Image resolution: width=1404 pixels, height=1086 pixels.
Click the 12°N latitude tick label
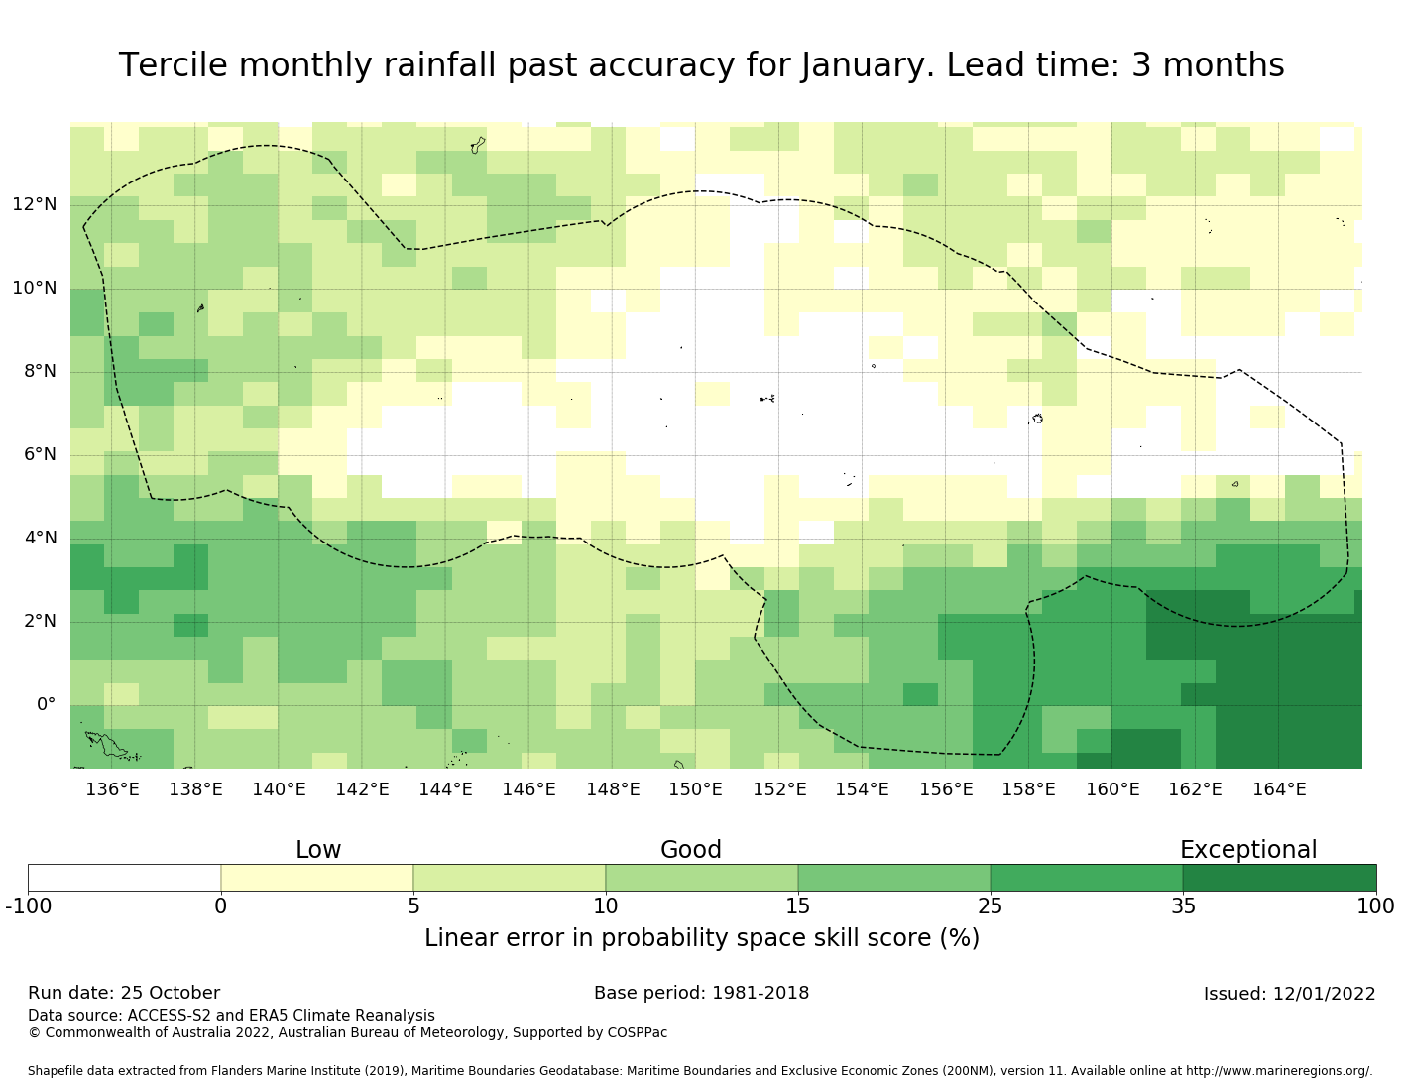(35, 205)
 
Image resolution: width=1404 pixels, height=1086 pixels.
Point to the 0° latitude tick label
(47, 705)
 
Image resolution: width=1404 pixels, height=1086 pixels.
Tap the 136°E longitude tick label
(112, 790)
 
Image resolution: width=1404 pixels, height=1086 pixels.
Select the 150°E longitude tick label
(695, 790)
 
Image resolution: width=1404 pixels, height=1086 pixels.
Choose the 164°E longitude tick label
(1279, 790)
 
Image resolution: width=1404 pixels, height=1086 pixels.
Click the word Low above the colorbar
(318, 850)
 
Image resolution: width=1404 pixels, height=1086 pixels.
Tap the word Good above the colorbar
(691, 850)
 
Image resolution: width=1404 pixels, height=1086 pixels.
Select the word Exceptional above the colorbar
(1248, 850)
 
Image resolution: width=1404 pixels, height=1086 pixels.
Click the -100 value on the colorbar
(28, 905)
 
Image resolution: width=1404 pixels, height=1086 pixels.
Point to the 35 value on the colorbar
(1183, 905)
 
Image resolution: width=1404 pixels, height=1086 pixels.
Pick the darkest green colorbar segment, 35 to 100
(1279, 878)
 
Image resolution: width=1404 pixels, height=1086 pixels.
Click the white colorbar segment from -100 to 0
(124, 878)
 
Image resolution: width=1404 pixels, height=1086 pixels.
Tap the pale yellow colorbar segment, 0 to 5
(316, 878)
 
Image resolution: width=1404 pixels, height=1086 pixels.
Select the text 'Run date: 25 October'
(124, 993)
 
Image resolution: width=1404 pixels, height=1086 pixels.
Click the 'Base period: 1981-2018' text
(701, 993)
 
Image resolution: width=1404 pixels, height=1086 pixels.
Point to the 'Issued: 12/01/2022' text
(1289, 994)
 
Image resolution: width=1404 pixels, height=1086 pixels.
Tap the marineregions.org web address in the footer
(1279, 1071)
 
